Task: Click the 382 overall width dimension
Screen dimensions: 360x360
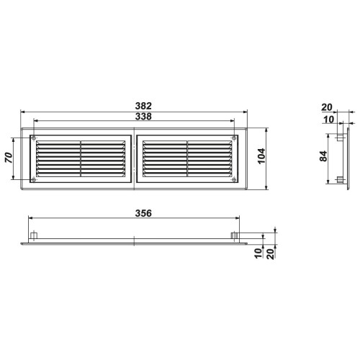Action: pyautogui.click(x=143, y=106)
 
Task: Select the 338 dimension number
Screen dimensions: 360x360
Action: pyautogui.click(x=143, y=117)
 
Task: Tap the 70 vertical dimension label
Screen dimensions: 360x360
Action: pyautogui.click(x=9, y=158)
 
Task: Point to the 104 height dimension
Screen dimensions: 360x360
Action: pyautogui.click(x=261, y=156)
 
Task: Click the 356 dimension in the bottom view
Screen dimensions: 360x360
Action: pyautogui.click(x=143, y=213)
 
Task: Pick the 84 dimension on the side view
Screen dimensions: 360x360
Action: pyautogui.click(x=323, y=156)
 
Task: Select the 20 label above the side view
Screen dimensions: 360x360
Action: pyautogui.click(x=327, y=107)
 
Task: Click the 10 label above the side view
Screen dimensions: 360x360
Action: pyautogui.click(x=328, y=120)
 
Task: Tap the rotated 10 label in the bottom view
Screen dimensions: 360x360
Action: pyautogui.click(x=258, y=253)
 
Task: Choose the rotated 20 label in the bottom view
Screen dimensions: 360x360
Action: pyautogui.click(x=270, y=254)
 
